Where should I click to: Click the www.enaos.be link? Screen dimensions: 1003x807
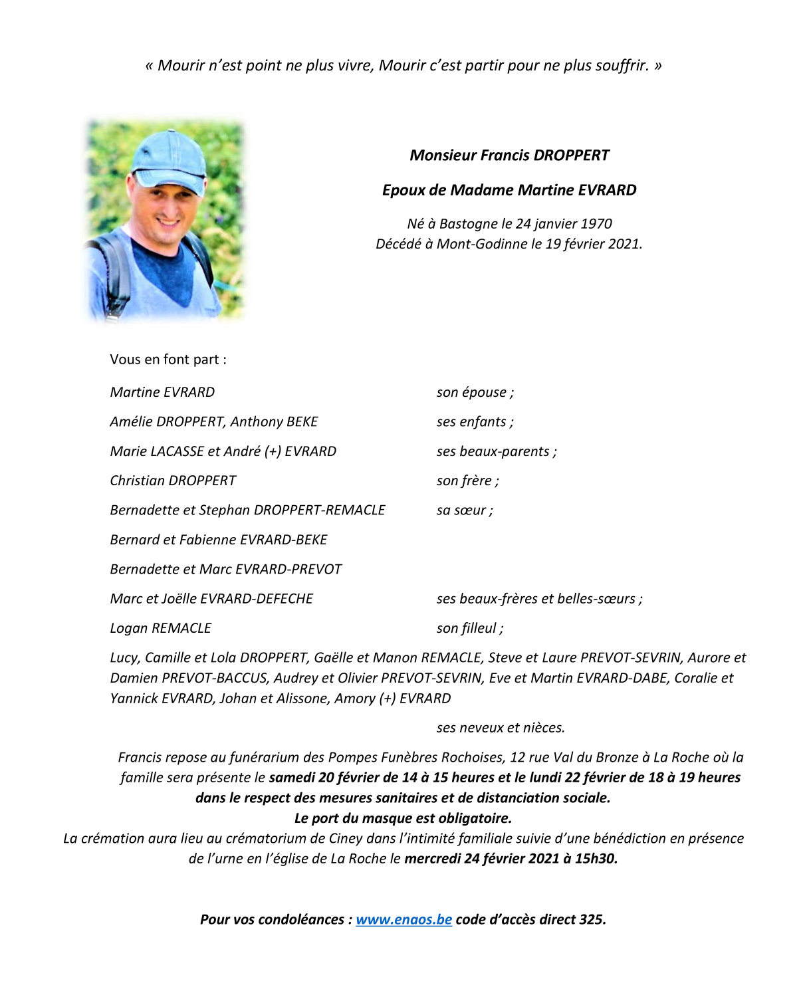(403, 919)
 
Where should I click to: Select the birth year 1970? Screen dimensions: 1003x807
(596, 224)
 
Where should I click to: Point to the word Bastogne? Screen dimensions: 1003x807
(469, 224)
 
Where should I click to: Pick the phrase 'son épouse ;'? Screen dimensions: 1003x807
(475, 392)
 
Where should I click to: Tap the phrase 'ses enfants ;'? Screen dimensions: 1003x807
(475, 422)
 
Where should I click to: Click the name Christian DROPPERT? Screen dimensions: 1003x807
(173, 481)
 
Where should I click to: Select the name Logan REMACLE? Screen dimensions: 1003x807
(160, 628)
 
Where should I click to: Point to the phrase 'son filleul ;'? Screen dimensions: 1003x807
(469, 628)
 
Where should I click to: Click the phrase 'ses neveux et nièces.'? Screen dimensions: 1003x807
(501, 728)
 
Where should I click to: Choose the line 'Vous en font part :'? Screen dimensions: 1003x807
(168, 360)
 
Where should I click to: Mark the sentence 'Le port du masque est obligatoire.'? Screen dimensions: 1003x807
(403, 818)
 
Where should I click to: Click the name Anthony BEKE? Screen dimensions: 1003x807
(274, 422)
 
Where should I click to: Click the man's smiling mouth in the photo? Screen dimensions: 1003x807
(167, 220)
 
